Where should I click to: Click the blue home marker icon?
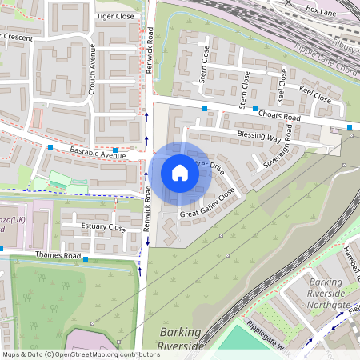pos(180,173)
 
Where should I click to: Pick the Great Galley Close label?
pos(208,204)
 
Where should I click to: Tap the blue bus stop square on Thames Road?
pos(85,259)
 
